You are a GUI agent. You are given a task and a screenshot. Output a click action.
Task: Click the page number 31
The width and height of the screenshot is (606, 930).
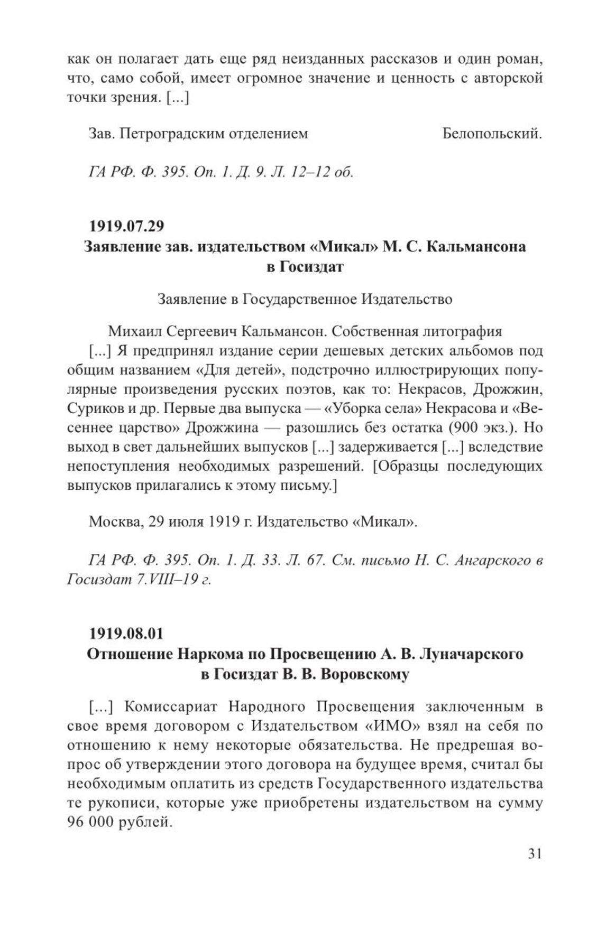pos(535,854)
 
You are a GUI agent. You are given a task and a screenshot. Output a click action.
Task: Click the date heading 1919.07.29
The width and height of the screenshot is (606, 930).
pos(127,226)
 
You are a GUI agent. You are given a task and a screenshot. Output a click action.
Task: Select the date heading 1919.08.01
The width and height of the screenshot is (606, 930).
pos(127,633)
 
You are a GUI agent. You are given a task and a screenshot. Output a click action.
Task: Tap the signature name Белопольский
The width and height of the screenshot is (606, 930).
pos(492,134)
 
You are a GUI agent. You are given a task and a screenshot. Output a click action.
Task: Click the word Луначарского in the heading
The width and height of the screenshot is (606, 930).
pos(471,654)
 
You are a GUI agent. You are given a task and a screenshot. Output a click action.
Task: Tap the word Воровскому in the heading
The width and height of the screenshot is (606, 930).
pos(365,675)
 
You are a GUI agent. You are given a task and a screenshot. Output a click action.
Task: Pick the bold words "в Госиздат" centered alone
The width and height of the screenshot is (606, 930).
pos(305,267)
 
